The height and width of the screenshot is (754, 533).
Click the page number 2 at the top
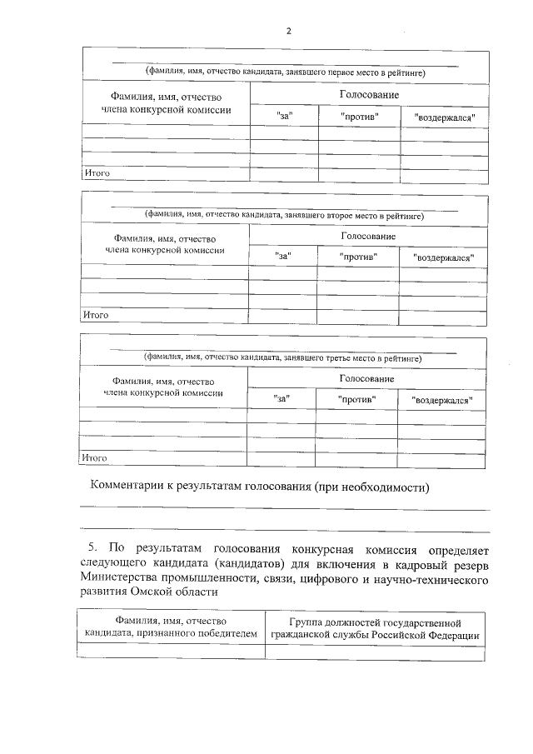[x=288, y=31]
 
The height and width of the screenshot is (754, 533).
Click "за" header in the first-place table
[x=285, y=117]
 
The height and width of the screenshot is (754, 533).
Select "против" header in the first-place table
[x=360, y=117]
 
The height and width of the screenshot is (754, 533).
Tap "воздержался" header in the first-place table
[x=445, y=117]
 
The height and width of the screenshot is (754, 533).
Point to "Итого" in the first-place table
[x=97, y=173]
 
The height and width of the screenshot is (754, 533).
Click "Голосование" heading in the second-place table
[x=368, y=237]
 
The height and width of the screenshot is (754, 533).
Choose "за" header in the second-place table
[x=283, y=257]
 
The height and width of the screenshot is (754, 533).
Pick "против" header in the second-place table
[x=359, y=257]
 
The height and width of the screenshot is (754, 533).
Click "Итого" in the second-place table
[x=96, y=316]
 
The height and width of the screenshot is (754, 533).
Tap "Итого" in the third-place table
[x=95, y=457]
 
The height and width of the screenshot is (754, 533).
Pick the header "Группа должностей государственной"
[x=375, y=622]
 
